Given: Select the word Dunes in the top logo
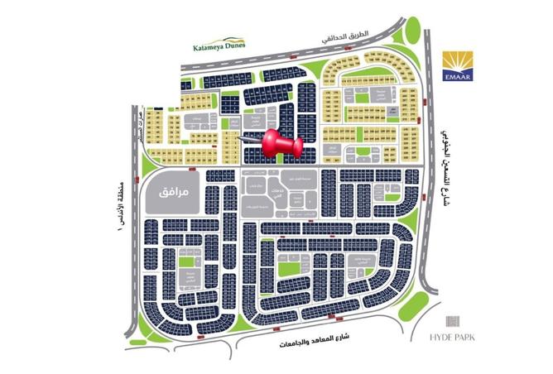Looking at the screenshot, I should pyautogui.click(x=232, y=48).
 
